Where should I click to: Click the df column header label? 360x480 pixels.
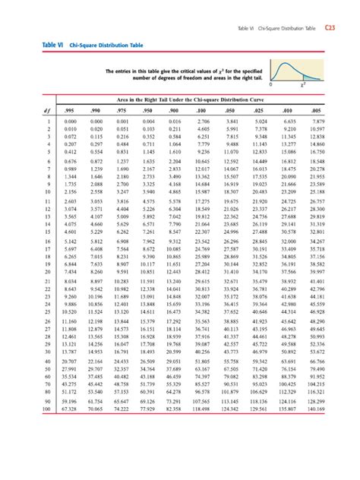click(x=27, y=110)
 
